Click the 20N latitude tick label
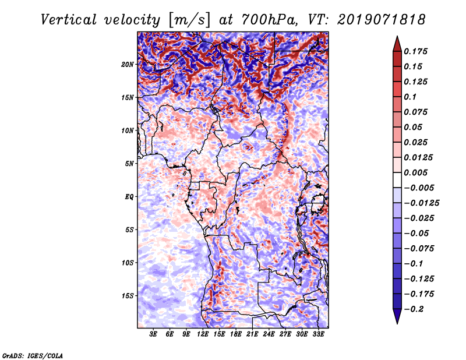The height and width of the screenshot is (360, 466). pos(128,64)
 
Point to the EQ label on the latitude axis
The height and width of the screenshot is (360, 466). pos(129,197)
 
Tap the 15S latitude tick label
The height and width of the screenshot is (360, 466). pos(128,296)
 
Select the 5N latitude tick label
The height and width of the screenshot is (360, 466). pos(129,164)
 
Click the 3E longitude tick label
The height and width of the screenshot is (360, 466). pos(153,334)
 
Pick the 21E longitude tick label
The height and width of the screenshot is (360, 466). pos(252,334)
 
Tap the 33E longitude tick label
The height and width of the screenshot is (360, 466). pos(318,334)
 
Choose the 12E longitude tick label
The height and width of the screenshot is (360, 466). pos(203,334)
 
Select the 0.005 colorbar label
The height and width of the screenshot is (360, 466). pos(417,172)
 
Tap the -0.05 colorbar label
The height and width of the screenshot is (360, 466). pos(415,233)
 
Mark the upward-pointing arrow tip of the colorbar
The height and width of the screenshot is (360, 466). pos(396,38)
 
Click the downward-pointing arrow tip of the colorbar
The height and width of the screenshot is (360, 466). pos(396,322)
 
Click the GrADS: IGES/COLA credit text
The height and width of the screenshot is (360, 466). pos(33,354)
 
